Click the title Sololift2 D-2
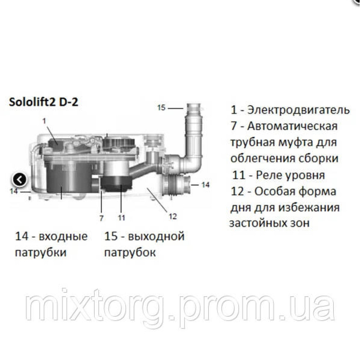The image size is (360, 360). pos(43,103)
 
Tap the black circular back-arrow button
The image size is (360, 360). pos(19,179)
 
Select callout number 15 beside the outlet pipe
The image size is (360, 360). pos(162,107)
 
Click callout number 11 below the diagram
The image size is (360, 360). pos(121,217)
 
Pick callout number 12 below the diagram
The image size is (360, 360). pos(173,216)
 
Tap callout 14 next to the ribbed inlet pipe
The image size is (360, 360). pos(205,185)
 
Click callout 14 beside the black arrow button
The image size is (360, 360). pos(14,191)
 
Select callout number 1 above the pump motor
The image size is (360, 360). pos(44,121)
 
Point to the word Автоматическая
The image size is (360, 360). pos(291,126)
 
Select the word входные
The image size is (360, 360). pos(63,237)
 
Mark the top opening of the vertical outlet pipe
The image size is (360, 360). pos(195,106)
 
